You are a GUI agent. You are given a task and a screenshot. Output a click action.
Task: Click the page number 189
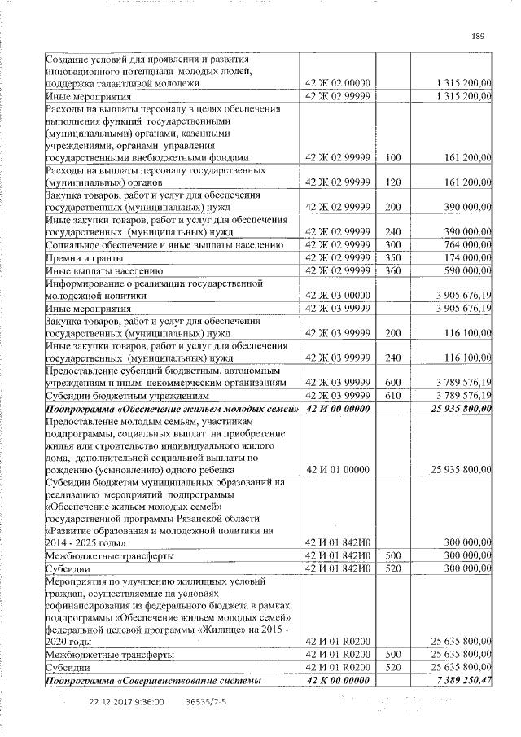(478, 35)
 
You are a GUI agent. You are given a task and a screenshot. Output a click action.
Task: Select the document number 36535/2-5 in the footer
(207, 700)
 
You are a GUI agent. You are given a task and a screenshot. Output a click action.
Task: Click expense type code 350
(394, 257)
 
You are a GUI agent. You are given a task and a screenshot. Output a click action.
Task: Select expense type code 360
(394, 270)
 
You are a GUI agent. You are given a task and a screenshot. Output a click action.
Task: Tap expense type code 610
(394, 395)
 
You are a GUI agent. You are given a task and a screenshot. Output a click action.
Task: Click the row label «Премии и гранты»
(84, 257)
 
